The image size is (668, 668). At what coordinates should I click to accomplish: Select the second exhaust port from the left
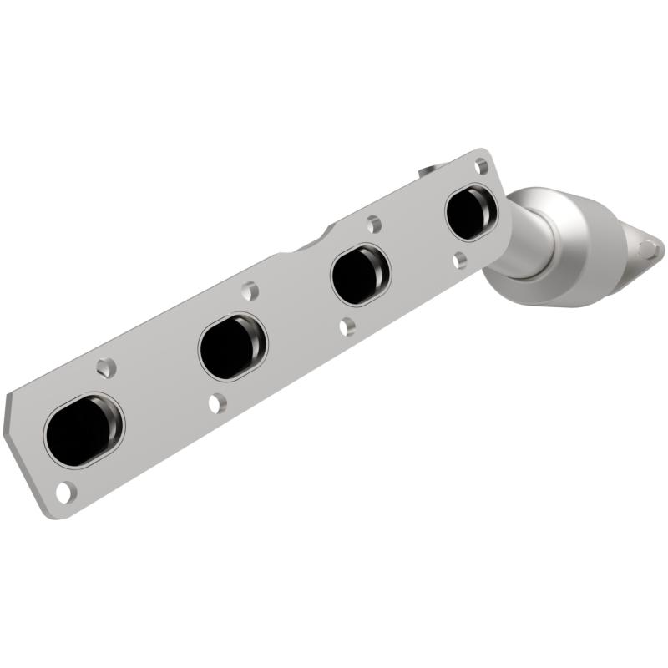pyautogui.click(x=231, y=345)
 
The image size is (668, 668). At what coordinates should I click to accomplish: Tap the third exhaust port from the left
pyautogui.click(x=359, y=274)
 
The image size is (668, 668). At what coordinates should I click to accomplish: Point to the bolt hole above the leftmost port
pyautogui.click(x=105, y=367)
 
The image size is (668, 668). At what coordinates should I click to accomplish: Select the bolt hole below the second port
pyautogui.click(x=217, y=403)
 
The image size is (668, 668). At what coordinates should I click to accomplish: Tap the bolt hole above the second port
pyautogui.click(x=250, y=291)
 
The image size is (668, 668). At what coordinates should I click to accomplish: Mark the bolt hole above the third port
pyautogui.click(x=374, y=224)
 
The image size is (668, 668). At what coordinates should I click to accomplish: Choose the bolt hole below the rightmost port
pyautogui.click(x=460, y=260)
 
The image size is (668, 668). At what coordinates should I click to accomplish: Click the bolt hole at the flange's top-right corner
pyautogui.click(x=482, y=165)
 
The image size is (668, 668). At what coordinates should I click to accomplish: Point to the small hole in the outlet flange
pyautogui.click(x=648, y=248)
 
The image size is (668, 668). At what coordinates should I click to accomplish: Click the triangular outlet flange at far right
pyautogui.click(x=641, y=245)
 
